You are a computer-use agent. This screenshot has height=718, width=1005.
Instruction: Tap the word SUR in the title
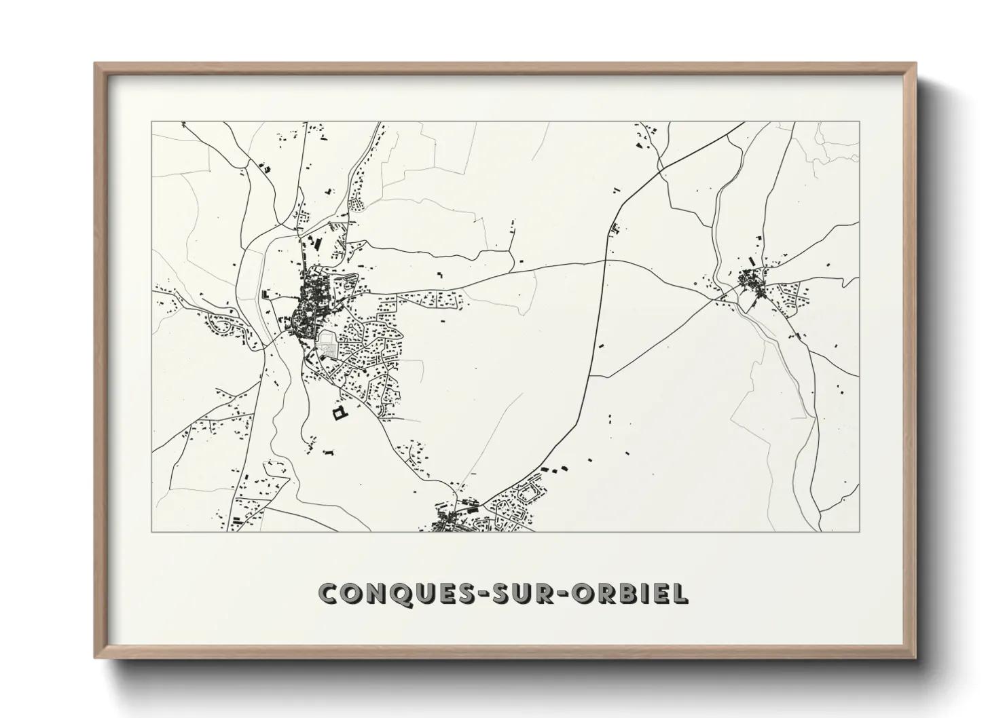[521, 593]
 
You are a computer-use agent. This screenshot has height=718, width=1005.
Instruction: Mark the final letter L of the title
[680, 593]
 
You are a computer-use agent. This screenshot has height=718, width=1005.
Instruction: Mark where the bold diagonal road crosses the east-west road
[605, 260]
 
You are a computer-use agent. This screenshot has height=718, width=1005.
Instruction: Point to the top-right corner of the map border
[860, 122]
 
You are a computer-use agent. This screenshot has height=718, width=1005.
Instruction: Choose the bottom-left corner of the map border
[152, 531]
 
